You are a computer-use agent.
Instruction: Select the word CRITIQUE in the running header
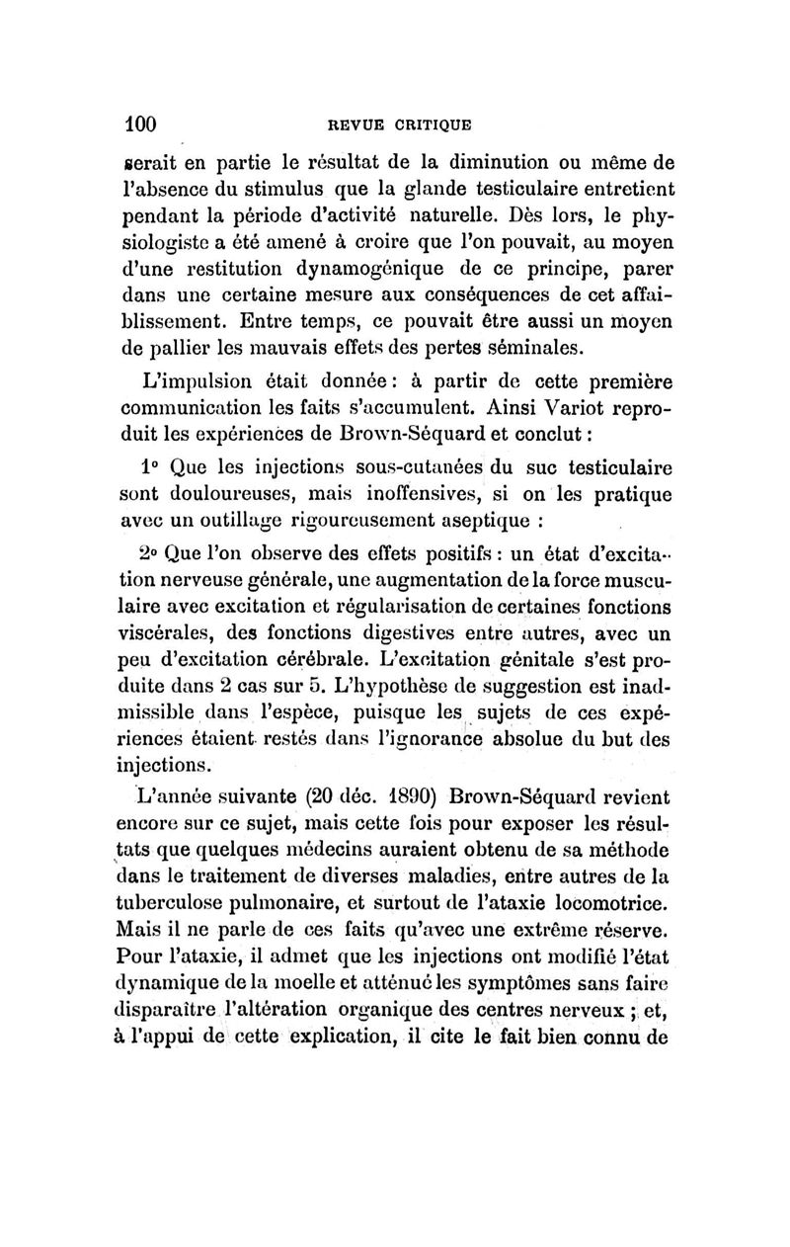coord(434,125)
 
